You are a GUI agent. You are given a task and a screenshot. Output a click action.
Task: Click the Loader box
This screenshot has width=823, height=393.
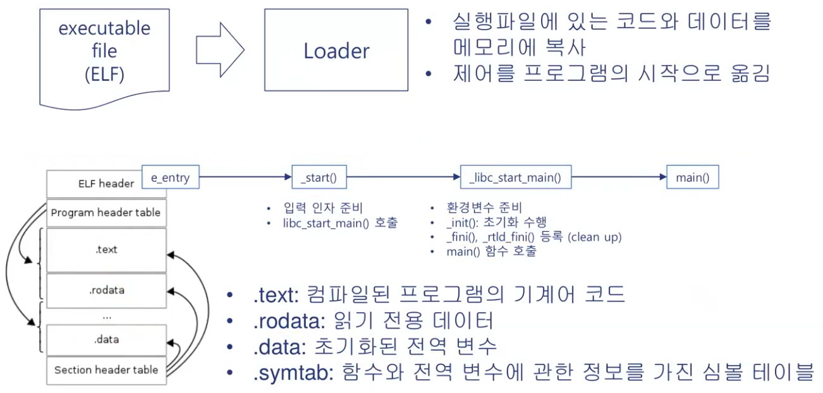point(336,50)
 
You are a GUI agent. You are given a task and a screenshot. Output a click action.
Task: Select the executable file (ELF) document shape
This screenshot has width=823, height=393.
point(105,54)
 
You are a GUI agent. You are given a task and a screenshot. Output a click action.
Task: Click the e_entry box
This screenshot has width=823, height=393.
point(169,178)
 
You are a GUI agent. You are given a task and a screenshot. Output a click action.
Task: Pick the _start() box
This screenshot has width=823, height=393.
point(319,178)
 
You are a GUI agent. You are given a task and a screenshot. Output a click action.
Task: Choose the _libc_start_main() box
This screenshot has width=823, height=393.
point(515,178)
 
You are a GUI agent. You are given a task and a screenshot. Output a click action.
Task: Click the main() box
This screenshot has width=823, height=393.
point(693,178)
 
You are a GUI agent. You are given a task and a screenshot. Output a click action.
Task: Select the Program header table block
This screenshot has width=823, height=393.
point(106,213)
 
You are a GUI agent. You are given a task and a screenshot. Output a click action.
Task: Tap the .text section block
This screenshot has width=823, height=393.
point(106,250)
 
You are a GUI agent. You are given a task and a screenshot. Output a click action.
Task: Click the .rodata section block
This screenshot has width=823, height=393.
point(106,291)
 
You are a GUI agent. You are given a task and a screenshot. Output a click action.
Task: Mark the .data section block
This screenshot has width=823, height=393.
point(106,339)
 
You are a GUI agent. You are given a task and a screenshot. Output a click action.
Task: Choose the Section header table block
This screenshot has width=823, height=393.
point(106,370)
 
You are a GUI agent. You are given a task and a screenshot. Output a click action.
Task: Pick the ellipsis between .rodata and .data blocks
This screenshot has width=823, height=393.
point(106,315)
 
